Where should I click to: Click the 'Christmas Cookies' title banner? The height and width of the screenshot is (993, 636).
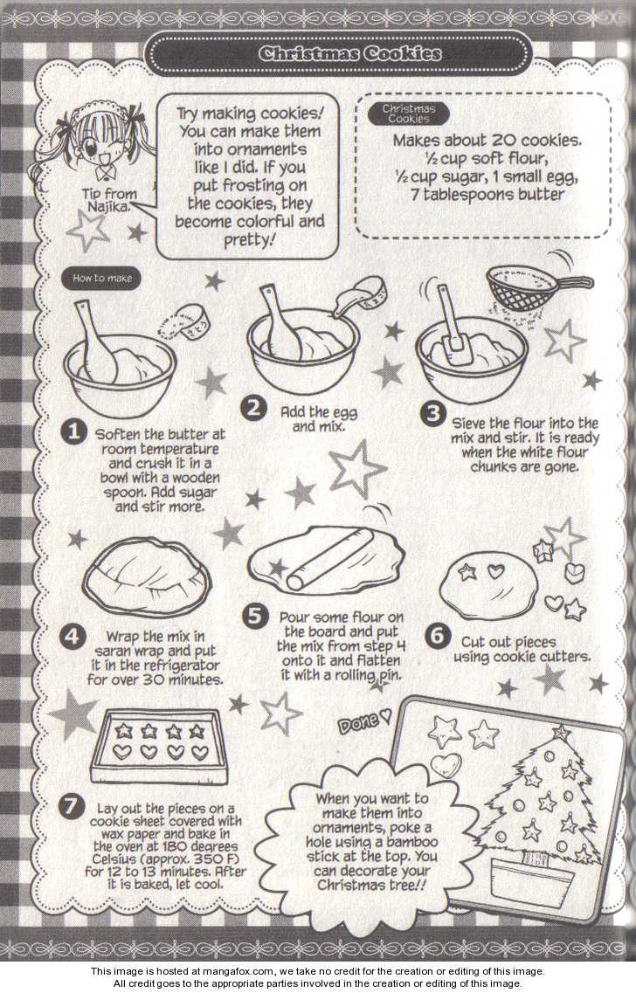[x=338, y=54]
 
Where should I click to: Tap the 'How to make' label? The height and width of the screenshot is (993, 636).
[x=102, y=278]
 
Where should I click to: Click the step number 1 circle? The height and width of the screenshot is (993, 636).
[x=73, y=432]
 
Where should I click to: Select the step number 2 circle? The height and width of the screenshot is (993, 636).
[x=253, y=407]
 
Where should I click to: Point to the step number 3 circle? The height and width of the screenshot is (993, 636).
[x=433, y=415]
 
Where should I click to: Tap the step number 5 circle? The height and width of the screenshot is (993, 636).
[x=254, y=617]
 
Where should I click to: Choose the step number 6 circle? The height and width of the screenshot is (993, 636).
[x=437, y=635]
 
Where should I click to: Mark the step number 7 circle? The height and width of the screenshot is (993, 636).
[x=71, y=806]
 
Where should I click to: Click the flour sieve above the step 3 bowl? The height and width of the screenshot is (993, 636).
[x=537, y=286]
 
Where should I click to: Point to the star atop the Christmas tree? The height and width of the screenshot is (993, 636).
[x=561, y=733]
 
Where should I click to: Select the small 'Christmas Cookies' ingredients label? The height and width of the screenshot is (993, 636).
[x=409, y=114]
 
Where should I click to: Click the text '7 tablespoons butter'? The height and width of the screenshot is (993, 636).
[x=487, y=195]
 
